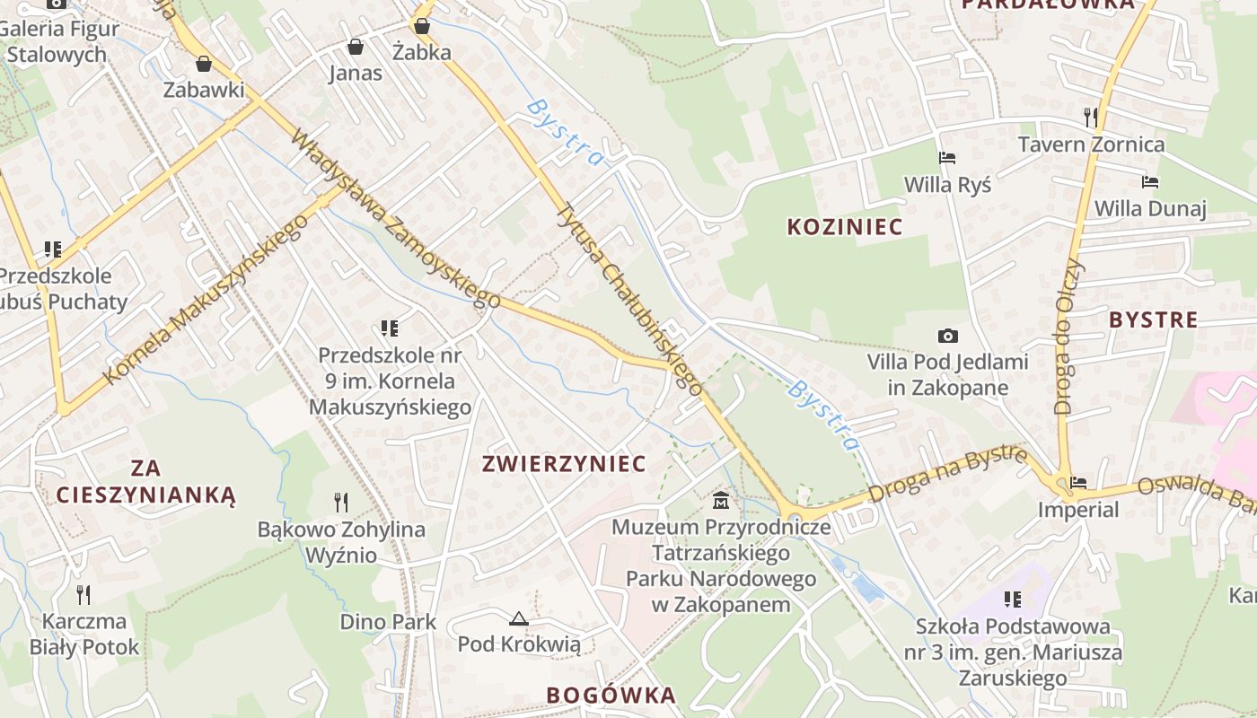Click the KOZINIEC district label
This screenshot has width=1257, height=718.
pos(844,227)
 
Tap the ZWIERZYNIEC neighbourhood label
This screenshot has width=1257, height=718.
pos(564,464)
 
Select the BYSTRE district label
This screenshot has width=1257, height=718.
pos(1153,320)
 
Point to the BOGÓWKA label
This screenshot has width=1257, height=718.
pos(611,695)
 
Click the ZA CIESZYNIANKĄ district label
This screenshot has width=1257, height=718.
pos(145,481)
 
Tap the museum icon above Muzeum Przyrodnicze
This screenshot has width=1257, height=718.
pos(720,501)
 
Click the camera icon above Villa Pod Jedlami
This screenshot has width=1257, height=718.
pos(947,337)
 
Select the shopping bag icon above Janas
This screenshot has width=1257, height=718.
pos(356,47)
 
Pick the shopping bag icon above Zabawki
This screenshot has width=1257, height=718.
pos(204,64)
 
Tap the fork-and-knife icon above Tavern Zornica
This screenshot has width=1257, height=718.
pos(1091,118)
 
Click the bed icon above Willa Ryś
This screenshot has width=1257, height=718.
pos(947,159)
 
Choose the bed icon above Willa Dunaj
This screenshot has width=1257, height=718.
pos(1150,182)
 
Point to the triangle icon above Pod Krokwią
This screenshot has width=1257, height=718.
pos(518,618)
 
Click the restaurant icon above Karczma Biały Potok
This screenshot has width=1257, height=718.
pos(84,595)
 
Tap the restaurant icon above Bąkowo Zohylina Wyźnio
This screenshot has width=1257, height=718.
pos(341,502)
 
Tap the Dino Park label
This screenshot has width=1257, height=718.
pos(388,622)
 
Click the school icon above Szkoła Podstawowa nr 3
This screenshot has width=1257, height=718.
pos(1013,599)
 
